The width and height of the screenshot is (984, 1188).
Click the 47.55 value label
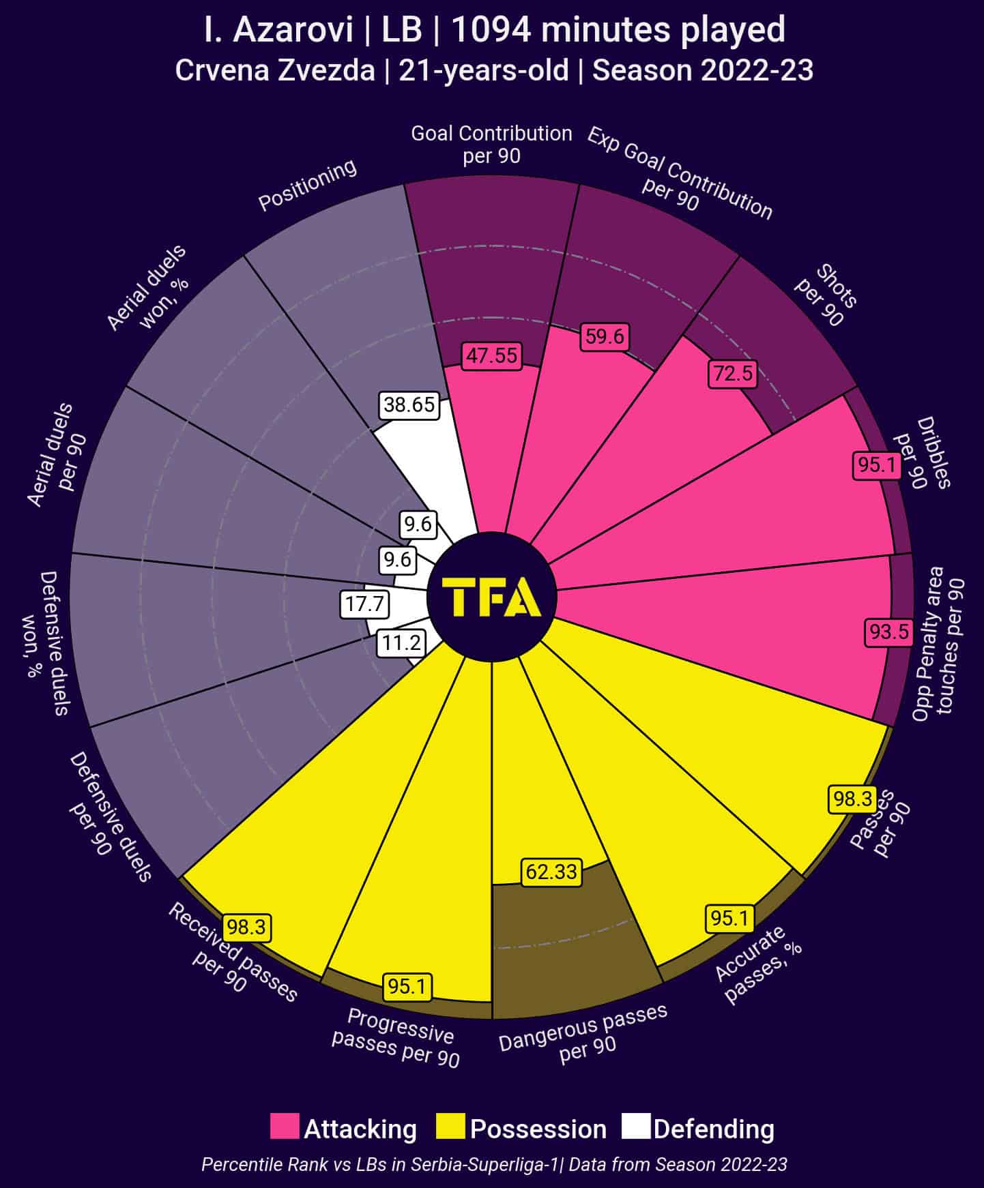coord(491,356)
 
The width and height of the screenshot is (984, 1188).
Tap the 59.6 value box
coord(605,337)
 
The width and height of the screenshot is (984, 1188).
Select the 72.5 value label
coord(734,374)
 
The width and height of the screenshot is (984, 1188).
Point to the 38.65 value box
coord(409,405)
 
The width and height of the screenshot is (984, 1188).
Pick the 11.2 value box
coord(401,643)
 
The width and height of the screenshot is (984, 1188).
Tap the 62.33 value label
coord(551,872)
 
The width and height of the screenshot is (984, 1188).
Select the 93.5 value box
coord(889,632)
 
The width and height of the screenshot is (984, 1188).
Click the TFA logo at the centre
coord(492,597)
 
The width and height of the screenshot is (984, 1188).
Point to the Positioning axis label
coord(307,185)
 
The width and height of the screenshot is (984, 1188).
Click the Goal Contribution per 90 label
coord(491,144)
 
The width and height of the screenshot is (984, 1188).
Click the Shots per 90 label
coord(826,295)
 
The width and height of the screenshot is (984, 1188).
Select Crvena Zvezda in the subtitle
coord(275,71)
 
